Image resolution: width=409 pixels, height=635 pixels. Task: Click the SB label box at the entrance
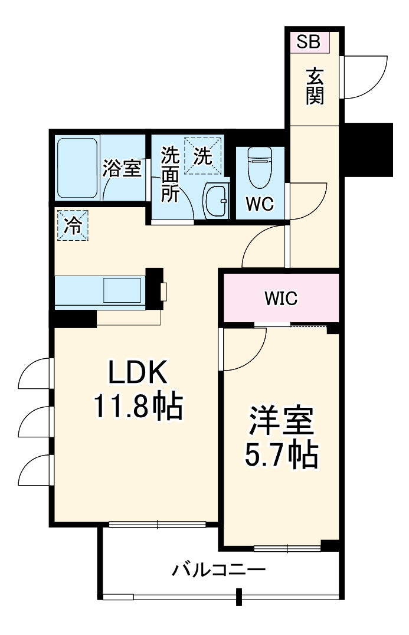coord(308,41)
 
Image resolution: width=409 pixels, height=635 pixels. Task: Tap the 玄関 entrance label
coord(315,87)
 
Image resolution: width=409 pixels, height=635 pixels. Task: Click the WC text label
coord(260,204)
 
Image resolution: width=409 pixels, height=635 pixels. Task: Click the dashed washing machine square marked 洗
coord(203,156)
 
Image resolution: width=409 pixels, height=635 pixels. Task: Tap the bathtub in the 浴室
coord(77,168)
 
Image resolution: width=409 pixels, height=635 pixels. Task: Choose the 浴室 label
coord(122,169)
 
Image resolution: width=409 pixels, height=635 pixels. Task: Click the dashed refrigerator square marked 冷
coord(73,225)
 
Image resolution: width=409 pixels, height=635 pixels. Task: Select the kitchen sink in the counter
coord(123,290)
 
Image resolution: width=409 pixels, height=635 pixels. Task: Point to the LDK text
coord(138,373)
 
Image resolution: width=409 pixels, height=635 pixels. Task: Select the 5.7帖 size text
coord(281,454)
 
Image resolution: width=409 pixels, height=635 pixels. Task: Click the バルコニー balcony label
coord(219,570)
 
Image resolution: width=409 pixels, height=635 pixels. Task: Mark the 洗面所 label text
coord(171,175)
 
